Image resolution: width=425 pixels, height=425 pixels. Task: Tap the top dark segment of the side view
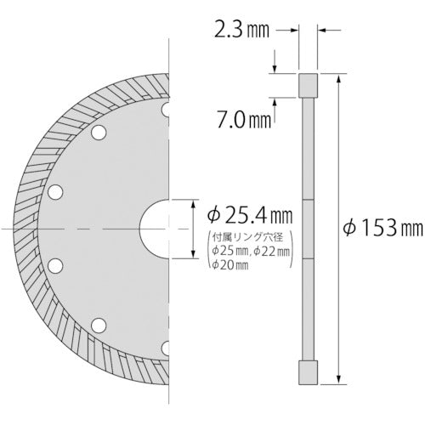(x=308, y=86)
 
